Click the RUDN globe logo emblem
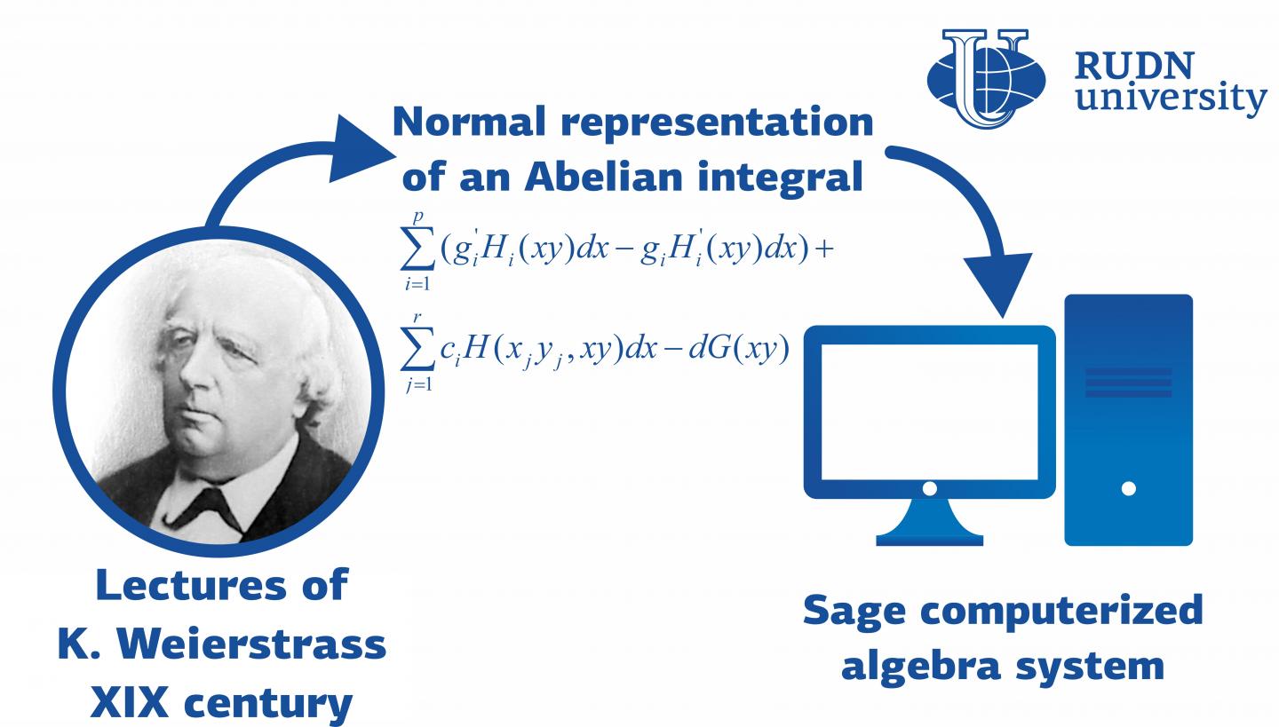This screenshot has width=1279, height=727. click(986, 78)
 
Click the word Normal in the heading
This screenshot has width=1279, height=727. click(469, 122)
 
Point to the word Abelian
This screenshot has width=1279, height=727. click(603, 176)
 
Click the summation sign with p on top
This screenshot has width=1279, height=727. click(417, 250)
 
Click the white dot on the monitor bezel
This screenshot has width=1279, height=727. click(930, 488)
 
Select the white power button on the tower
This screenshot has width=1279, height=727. click(1128, 488)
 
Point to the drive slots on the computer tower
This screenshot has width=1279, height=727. click(1128, 383)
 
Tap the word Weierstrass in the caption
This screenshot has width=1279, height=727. click(252, 644)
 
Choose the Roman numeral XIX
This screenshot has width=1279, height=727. click(129, 702)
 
